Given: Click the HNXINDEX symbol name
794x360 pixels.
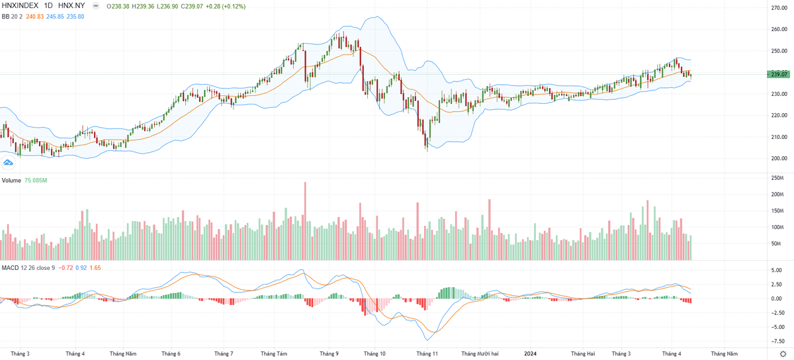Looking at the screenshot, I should [19, 6].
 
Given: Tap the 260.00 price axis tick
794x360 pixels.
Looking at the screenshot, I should [778, 29].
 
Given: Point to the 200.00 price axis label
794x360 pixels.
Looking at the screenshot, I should [778, 158].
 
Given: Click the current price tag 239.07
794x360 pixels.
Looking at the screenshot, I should [778, 74].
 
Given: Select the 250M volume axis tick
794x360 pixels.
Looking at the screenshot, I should [776, 178].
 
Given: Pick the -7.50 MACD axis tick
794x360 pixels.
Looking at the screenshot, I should [775, 341].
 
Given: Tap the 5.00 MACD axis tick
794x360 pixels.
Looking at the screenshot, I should [775, 270].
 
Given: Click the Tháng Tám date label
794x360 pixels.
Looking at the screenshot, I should [274, 353].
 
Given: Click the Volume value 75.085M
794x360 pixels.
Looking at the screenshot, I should [37, 180].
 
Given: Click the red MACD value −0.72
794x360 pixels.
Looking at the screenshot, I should [66, 267].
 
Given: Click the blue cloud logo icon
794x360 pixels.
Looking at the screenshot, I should [9, 161].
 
